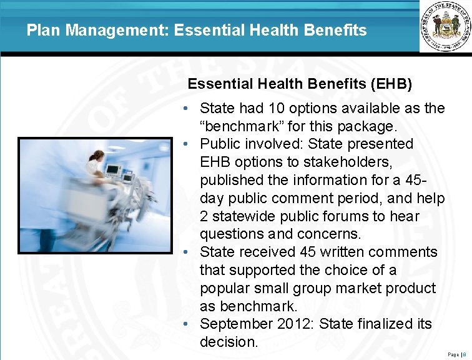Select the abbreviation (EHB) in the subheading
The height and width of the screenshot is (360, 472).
coord(391,84)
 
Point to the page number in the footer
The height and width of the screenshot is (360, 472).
coord(463,354)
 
